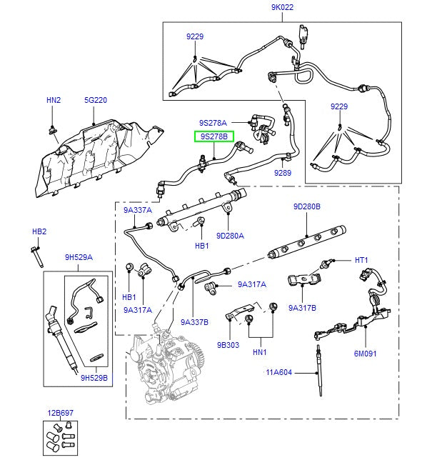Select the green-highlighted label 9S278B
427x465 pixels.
[213, 136]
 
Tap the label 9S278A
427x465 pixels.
[213, 122]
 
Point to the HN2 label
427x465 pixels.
[54, 101]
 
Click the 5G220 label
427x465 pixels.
[95, 101]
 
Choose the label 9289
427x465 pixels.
[283, 172]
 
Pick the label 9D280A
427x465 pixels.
[231, 236]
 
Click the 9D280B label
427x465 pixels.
[307, 207]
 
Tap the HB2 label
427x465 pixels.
[39, 231]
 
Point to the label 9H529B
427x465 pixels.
[94, 379]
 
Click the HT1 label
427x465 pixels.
[361, 260]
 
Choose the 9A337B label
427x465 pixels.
[194, 322]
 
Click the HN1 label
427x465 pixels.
[259, 352]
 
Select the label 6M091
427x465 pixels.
[365, 354]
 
